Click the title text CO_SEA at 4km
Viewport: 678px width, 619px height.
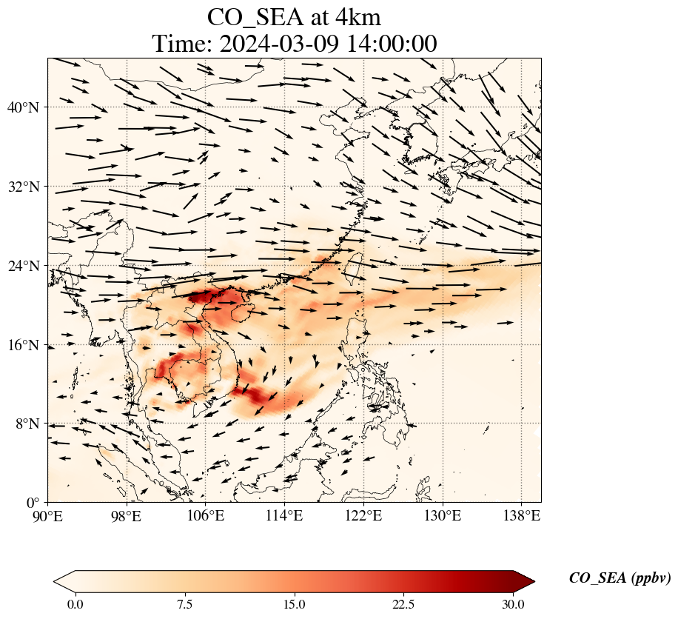[294, 16]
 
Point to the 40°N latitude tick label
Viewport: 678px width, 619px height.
[22, 107]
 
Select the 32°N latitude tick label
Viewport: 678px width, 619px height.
[22, 187]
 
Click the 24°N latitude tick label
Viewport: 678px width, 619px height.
[22, 266]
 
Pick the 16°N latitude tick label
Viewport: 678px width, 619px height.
[22, 345]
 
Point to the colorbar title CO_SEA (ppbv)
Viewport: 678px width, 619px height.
[620, 578]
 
